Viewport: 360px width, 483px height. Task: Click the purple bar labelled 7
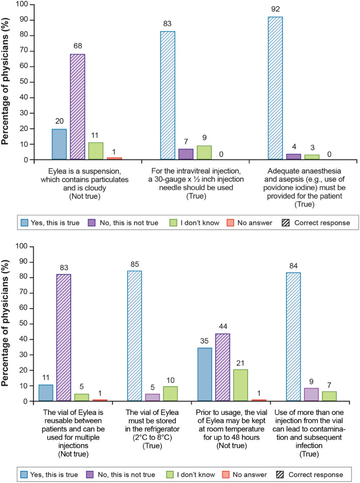(186, 154)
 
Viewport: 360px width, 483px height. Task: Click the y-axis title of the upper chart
(7, 81)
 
